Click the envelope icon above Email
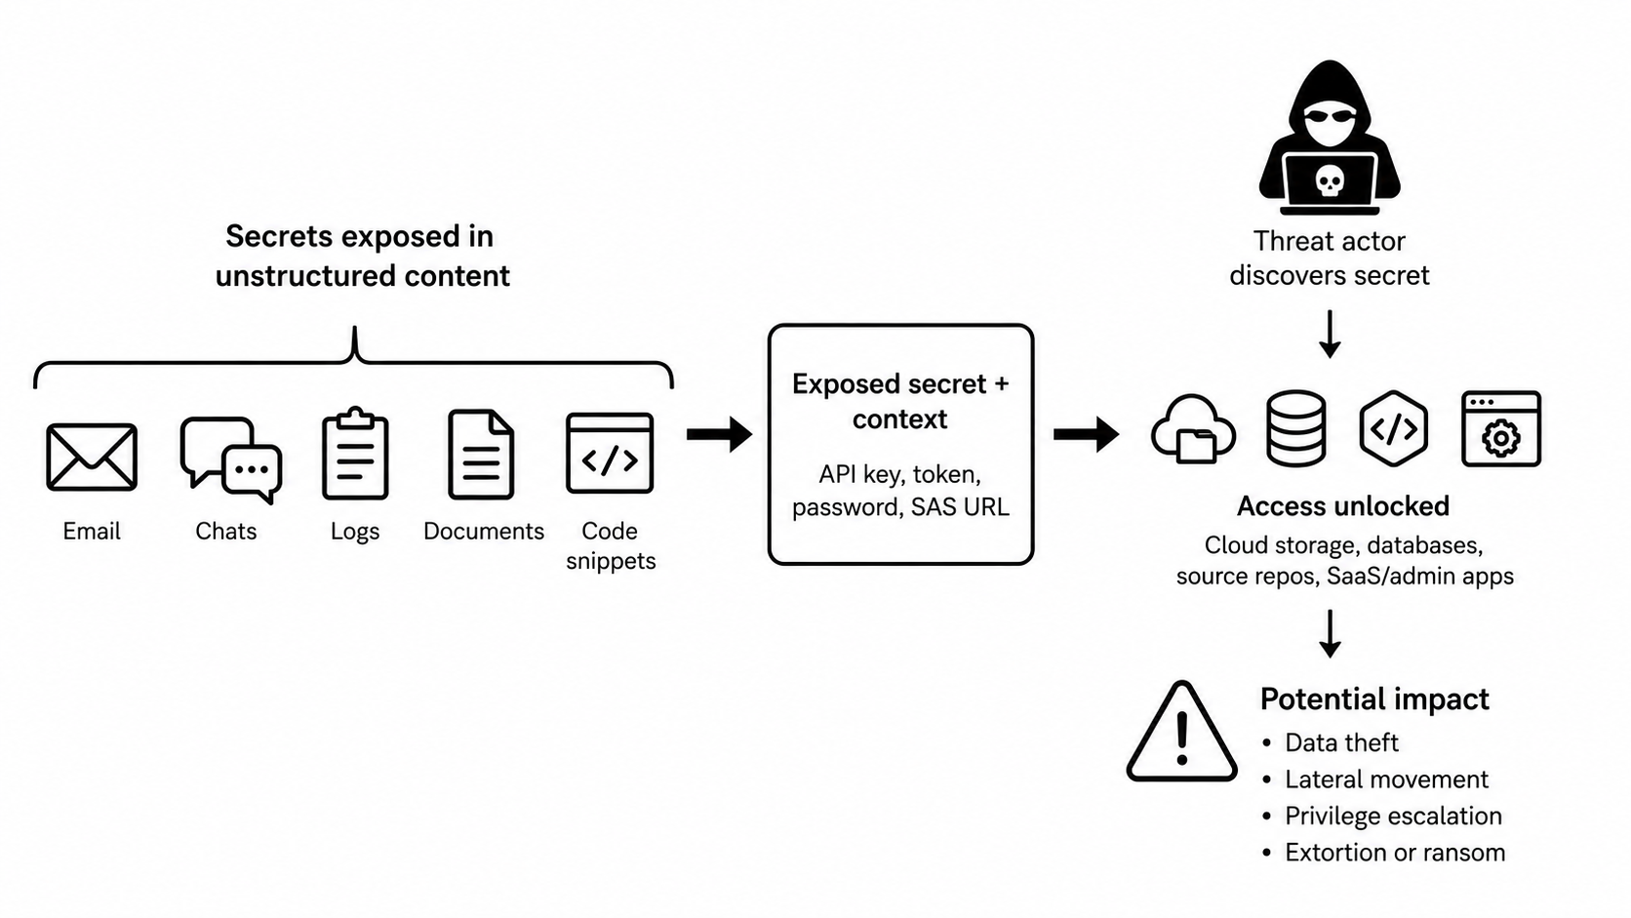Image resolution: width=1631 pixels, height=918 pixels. tap(92, 457)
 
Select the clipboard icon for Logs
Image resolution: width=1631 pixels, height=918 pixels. tap(355, 453)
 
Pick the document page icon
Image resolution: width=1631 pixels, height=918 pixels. tap(481, 455)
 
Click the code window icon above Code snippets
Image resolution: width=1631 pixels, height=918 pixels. tap(611, 453)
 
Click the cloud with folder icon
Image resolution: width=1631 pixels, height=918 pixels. tap(1193, 429)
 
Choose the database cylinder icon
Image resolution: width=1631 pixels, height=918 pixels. tap(1296, 428)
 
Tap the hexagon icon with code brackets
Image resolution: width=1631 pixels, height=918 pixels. tap(1394, 428)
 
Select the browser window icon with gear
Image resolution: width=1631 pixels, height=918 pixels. tap(1501, 428)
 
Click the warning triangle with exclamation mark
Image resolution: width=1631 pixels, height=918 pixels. tap(1181, 732)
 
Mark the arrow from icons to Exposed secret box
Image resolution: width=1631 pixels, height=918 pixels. tap(719, 435)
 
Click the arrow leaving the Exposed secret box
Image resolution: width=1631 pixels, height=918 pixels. tap(1087, 435)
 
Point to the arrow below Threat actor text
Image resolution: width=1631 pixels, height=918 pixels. tap(1331, 335)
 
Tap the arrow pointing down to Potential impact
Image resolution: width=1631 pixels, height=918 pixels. tap(1331, 633)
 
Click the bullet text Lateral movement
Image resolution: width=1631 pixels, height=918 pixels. tap(1386, 779)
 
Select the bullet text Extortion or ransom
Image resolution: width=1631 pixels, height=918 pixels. tap(1395, 853)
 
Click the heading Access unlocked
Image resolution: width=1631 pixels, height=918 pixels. tap(1343, 506)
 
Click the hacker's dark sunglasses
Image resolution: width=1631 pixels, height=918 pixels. tap(1331, 116)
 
